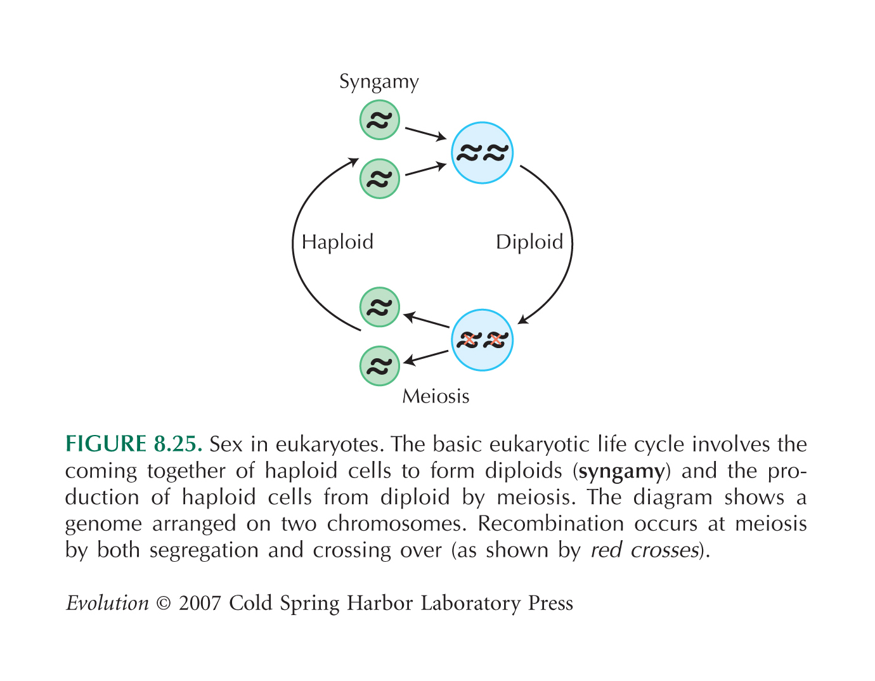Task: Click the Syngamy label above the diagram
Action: point(379,82)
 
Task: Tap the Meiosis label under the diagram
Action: point(436,396)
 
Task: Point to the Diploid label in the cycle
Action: point(529,242)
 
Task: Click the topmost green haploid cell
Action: point(380,120)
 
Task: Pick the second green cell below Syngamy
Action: point(380,179)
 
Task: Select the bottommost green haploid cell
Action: point(380,366)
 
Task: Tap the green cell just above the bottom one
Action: point(380,307)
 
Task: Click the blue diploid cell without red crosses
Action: point(482,153)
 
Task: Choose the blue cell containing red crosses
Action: point(482,340)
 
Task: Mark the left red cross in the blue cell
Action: point(469,340)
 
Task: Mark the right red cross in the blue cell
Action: point(496,340)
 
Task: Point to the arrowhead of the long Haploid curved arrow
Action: point(354,162)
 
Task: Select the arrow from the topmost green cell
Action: point(425,134)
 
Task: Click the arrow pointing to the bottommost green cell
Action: point(425,358)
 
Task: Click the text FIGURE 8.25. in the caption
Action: point(134,444)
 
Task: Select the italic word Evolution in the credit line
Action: point(108,603)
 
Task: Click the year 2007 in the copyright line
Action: point(200,603)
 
